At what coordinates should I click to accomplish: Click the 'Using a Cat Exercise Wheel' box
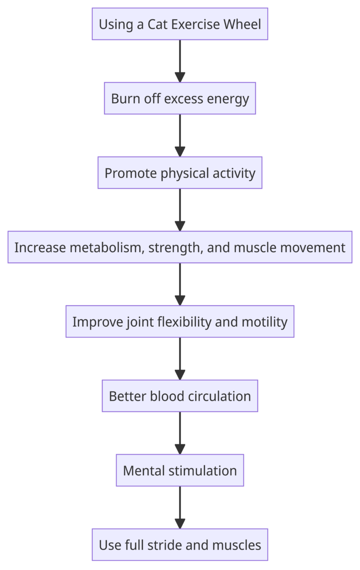pos(180,24)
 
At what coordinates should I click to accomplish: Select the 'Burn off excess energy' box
pos(180,98)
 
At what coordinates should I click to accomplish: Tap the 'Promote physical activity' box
pos(180,173)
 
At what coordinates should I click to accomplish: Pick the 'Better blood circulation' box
pos(180,396)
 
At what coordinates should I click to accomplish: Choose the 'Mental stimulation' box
pos(180,470)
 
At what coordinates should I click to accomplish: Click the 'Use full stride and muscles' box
pos(180,545)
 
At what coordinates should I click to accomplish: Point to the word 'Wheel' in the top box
pos(242,24)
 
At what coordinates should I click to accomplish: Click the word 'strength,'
pos(176,248)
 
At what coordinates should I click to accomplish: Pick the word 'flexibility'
pos(184,322)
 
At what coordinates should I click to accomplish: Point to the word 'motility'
pos(264,322)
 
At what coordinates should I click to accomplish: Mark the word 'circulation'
pos(219,396)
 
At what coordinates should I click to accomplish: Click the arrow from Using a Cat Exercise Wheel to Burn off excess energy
pos(180,61)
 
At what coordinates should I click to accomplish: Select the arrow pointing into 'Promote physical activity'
pos(180,135)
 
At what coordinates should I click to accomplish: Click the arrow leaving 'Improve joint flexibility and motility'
pos(180,359)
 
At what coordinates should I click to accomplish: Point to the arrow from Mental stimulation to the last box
pos(180,508)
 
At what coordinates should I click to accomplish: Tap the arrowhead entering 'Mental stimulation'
pos(180,450)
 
